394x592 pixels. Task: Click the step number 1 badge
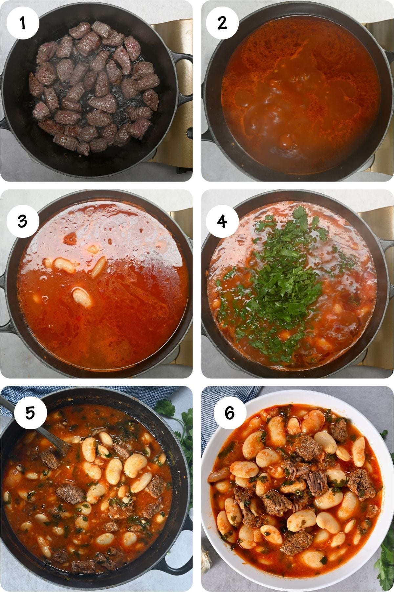click(x=23, y=23)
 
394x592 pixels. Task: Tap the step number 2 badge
click(x=222, y=23)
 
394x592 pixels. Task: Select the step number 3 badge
click(x=23, y=221)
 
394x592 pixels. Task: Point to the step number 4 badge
click(x=222, y=221)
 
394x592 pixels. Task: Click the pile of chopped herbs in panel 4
click(x=282, y=283)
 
